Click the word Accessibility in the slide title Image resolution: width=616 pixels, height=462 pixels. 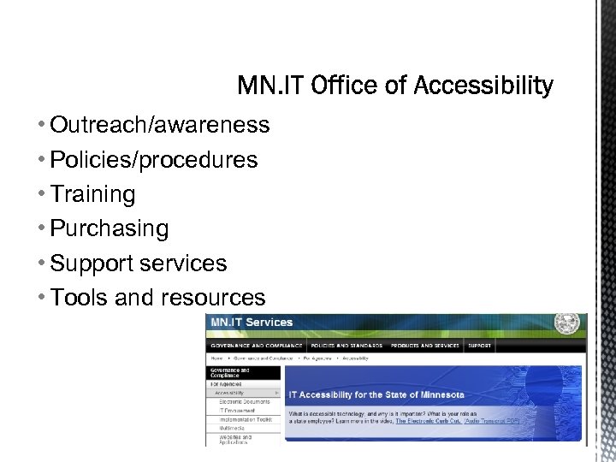coord(483,86)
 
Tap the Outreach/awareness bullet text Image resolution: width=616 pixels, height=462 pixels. coord(160,126)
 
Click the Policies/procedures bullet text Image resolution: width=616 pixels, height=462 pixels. coord(154,160)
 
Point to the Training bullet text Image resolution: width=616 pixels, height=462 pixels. coord(92,195)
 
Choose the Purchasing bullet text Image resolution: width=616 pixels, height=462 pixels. coord(110,229)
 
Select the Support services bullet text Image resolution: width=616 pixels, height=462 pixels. coord(139,264)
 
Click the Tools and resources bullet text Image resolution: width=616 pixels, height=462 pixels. coord(158,298)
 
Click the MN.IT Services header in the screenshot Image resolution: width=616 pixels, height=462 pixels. coord(252,323)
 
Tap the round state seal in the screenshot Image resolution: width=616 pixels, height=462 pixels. coord(566,324)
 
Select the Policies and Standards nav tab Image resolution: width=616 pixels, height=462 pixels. coord(346,346)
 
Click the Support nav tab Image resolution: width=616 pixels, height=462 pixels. coord(479,346)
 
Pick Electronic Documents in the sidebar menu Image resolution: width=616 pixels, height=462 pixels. coord(244,401)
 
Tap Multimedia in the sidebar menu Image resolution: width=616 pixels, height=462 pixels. coord(233,428)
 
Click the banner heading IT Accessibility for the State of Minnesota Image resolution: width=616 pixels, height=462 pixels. coord(376,394)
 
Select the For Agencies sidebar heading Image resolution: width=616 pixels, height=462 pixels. coord(227,384)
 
